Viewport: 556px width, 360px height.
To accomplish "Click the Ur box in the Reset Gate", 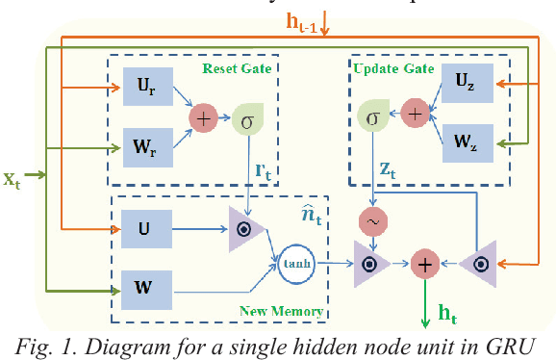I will (x=144, y=87).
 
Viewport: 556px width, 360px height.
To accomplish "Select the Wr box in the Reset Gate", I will (x=144, y=150).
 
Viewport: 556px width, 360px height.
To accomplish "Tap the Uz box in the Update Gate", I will (x=466, y=86).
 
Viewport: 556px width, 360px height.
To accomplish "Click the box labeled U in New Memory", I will (x=144, y=230).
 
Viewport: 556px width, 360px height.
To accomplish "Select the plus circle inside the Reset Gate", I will (x=203, y=118).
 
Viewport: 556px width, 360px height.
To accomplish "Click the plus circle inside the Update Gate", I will (x=415, y=113).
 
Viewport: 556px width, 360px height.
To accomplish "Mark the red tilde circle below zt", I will (x=372, y=221).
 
